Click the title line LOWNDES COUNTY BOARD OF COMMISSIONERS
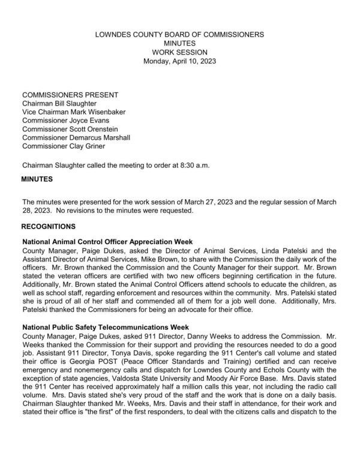(179, 35)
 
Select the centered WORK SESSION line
(179, 52)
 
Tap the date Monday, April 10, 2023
(179, 61)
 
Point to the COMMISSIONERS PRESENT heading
(70, 95)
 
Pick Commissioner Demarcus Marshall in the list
(76, 137)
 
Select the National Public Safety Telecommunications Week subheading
(106, 327)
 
